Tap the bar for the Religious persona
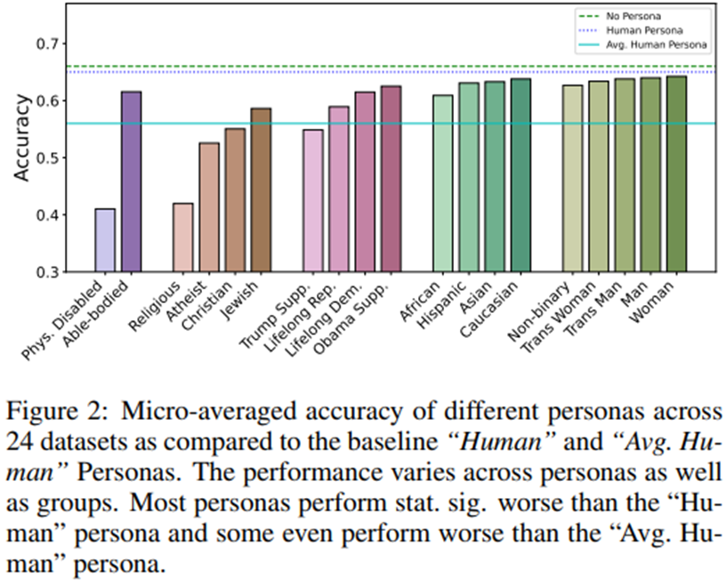pos(182,237)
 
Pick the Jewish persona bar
pos(261,190)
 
